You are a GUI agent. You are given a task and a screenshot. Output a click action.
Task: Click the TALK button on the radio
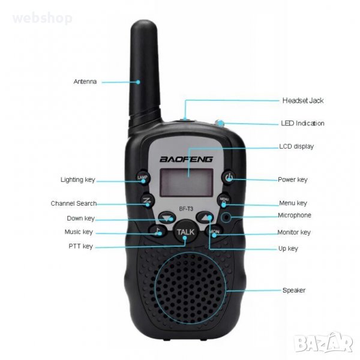[x=185, y=232]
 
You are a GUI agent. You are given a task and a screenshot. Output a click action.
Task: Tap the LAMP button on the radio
[x=143, y=178]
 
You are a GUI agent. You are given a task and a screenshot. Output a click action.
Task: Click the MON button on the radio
[x=214, y=232]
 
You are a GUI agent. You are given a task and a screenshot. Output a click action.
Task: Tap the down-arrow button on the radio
[x=167, y=218]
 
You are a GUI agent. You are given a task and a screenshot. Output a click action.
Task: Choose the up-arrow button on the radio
[x=205, y=217]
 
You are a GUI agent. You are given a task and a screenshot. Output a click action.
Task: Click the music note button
[x=158, y=231]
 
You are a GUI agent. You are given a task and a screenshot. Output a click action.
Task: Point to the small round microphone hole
[x=226, y=217]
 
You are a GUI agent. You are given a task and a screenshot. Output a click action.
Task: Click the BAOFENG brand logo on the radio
[x=186, y=159]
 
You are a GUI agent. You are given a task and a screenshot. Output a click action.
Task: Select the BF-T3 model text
[x=186, y=209]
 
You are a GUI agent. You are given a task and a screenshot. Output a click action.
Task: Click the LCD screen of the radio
[x=187, y=182]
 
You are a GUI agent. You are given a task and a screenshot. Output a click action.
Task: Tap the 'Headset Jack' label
[x=303, y=101]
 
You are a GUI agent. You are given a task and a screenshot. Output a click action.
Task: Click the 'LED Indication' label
[x=302, y=123]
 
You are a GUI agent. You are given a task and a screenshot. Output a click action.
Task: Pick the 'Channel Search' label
[x=74, y=203]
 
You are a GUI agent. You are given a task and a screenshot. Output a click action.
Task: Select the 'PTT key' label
[x=81, y=247]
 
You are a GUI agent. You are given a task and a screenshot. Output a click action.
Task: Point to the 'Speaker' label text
[x=294, y=290]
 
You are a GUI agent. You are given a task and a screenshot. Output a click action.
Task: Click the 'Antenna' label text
[x=85, y=82]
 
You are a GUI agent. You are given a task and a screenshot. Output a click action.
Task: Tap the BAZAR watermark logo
[x=324, y=343]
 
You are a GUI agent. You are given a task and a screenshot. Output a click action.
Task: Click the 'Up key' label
[x=288, y=248]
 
